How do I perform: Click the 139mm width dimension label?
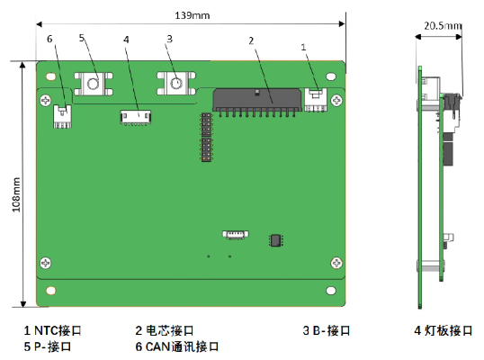[x=193, y=15]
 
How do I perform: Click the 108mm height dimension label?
[x=16, y=194]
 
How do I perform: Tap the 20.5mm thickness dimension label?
[x=443, y=25]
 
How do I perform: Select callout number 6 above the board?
[x=49, y=39]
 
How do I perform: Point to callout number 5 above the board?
[x=82, y=38]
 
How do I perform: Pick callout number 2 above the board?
[x=251, y=40]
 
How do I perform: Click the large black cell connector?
[x=256, y=103]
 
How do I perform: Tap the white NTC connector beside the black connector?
[x=316, y=100]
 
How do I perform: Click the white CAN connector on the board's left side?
[x=63, y=116]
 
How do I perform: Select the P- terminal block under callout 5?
[x=94, y=84]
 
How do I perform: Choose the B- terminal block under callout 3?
[x=176, y=83]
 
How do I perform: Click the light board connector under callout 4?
[x=136, y=117]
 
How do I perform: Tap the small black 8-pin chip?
[x=276, y=240]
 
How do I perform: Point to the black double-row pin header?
[x=207, y=137]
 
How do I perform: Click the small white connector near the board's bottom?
[x=236, y=234]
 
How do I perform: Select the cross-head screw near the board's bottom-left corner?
[x=46, y=263]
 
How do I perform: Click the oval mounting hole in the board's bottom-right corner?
[x=331, y=291]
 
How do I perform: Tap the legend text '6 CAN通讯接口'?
[x=177, y=346]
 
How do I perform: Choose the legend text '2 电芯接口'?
[x=165, y=330]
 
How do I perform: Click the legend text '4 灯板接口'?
[x=444, y=330]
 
